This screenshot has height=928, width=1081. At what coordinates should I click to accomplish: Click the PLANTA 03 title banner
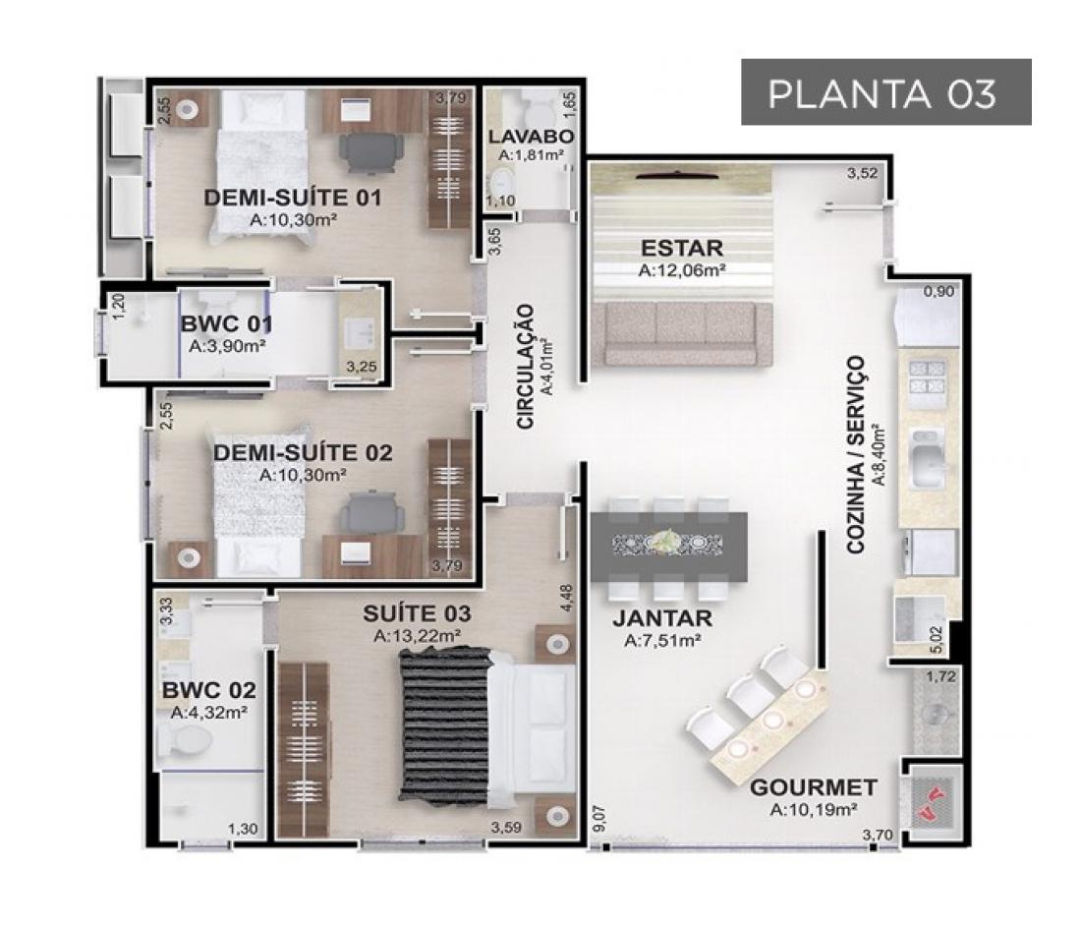pyautogui.click(x=885, y=91)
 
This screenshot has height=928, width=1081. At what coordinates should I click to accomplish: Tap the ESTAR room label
pyautogui.click(x=682, y=248)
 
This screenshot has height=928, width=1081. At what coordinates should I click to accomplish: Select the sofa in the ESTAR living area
pyautogui.click(x=687, y=333)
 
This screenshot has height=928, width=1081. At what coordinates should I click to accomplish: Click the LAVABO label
pyautogui.click(x=531, y=137)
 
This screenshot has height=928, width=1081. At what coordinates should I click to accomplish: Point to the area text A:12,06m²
pyautogui.click(x=681, y=270)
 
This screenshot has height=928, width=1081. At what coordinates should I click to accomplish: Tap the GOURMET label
pyautogui.click(x=814, y=787)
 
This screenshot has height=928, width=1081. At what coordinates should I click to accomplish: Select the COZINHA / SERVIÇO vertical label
pyautogui.click(x=855, y=455)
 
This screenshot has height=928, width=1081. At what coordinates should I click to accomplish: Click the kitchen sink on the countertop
pyautogui.click(x=928, y=456)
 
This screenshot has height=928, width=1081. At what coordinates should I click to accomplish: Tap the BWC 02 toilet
pyautogui.click(x=184, y=742)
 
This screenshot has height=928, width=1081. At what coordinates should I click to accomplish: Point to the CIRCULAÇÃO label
pyautogui.click(x=526, y=367)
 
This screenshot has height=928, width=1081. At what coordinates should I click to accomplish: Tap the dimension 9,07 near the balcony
pyautogui.click(x=598, y=818)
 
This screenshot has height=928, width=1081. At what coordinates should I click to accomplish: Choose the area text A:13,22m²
pyautogui.click(x=417, y=636)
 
